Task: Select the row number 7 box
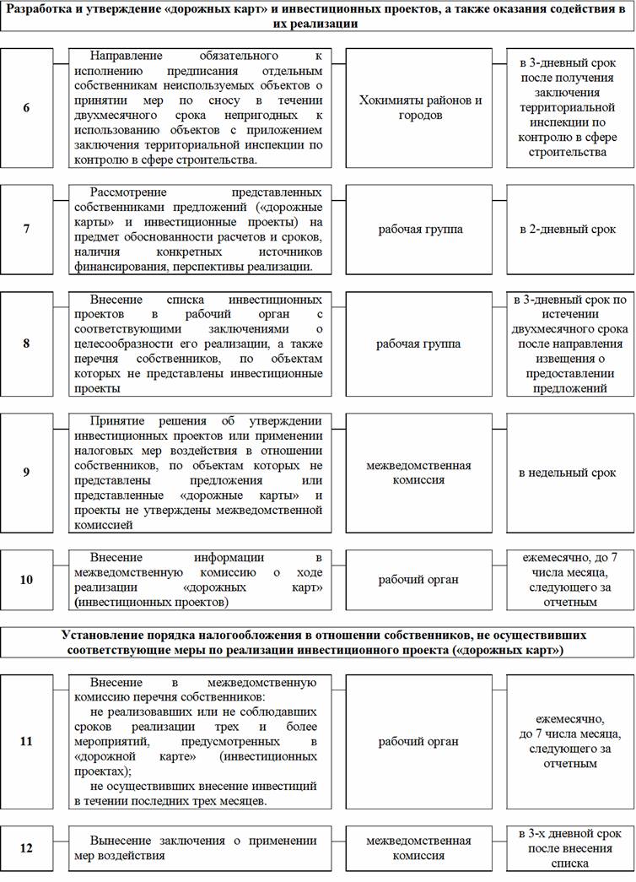(27, 229)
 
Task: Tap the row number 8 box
(27, 344)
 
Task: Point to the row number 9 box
(27, 473)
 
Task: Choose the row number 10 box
(27, 580)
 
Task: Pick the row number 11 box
(27, 741)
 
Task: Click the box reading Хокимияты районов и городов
(420, 106)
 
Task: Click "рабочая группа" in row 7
(420, 229)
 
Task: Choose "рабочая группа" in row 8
(420, 344)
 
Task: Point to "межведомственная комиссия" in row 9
(420, 473)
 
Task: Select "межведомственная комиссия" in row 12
(420, 848)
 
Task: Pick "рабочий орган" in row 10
(420, 580)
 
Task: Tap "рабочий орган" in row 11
(420, 741)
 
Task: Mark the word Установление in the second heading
(100, 633)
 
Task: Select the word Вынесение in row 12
(123, 841)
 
